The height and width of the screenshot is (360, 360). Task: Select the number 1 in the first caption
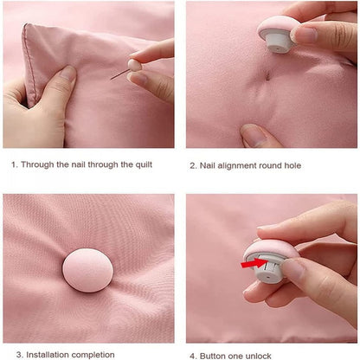click(x=13, y=164)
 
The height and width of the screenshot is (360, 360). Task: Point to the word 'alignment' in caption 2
click(x=238, y=164)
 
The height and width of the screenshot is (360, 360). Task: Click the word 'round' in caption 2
click(x=271, y=164)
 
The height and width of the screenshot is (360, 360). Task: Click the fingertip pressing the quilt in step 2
click(x=253, y=134)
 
